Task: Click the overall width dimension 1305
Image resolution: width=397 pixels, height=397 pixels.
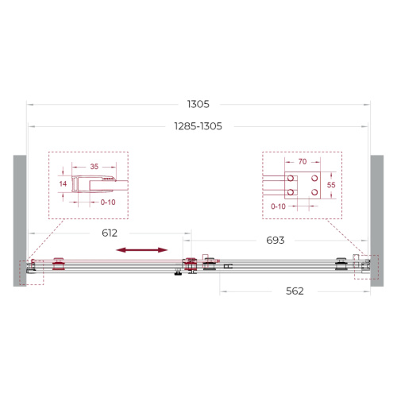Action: (198, 104)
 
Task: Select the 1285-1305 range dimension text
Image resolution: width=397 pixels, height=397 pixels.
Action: (198, 126)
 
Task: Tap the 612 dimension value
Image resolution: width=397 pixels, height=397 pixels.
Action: (110, 233)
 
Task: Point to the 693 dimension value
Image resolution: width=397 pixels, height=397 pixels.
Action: (276, 241)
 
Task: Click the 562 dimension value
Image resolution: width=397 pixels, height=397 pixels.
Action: (295, 291)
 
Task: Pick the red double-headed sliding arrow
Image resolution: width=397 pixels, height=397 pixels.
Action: (141, 250)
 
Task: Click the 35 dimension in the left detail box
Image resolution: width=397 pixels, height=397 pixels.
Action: (94, 167)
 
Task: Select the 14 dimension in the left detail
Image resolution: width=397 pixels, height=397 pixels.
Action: (63, 183)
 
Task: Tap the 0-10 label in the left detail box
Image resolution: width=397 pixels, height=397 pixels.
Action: (108, 202)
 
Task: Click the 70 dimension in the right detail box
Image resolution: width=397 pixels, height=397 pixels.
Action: (303, 161)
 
